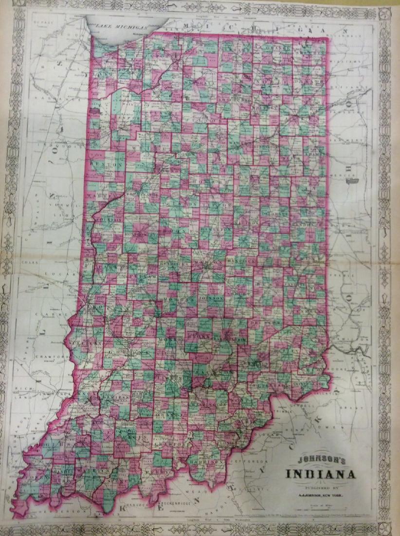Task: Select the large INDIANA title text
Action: pyautogui.click(x=316, y=473)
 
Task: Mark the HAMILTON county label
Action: pyautogui.click(x=215, y=229)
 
